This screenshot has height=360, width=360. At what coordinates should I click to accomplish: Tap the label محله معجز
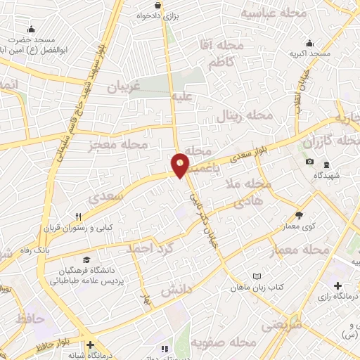117,146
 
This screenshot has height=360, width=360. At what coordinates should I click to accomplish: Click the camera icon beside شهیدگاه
310,162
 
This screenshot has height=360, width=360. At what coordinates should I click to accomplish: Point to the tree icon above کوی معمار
300,214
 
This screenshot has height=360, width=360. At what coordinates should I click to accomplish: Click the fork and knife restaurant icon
79,217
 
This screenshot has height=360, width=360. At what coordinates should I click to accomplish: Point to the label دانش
176,289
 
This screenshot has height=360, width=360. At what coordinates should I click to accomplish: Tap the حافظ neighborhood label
30,319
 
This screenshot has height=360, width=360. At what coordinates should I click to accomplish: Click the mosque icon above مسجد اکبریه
310,43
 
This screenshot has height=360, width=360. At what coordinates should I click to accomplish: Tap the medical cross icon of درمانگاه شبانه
90,345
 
